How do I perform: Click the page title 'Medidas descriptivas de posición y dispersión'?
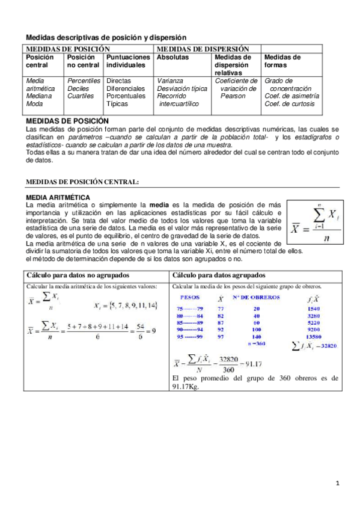pos(106,37)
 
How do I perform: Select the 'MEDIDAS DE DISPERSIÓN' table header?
pos(194,48)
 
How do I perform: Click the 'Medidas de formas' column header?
pos(282,61)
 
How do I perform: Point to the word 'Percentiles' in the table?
pos(84,81)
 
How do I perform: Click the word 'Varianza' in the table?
pos(170,81)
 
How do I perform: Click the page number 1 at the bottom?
pos(338,483)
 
